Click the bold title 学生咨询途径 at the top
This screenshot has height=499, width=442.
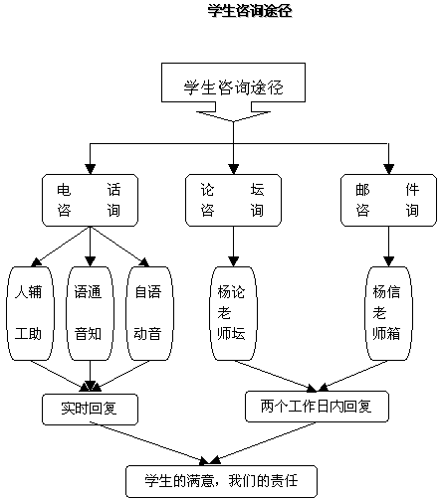pos(250,11)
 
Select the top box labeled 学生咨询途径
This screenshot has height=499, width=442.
pos(233,83)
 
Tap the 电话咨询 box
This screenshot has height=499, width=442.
pos(90,201)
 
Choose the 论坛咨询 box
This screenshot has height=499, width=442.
pos(233,201)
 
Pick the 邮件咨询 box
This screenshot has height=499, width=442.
pos(388,201)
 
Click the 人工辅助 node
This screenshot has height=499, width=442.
pos(30,313)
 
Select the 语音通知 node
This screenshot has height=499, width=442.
pos(90,313)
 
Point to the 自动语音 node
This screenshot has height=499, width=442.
pos(149,313)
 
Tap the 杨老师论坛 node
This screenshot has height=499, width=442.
pos(233,313)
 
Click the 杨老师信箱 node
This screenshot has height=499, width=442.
pos(388,313)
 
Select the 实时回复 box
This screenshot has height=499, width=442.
pos(90,410)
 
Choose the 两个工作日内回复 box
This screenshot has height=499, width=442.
pos(317,407)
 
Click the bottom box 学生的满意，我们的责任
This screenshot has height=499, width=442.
pos(221,481)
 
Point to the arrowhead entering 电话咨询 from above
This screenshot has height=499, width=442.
pos(90,169)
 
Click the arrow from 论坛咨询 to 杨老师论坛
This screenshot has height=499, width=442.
pos(233,247)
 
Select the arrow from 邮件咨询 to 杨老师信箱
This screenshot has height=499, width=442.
pos(388,247)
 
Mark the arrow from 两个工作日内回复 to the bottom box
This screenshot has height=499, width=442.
pos(263,443)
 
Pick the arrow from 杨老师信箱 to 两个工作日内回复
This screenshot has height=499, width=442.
pos(352,376)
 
